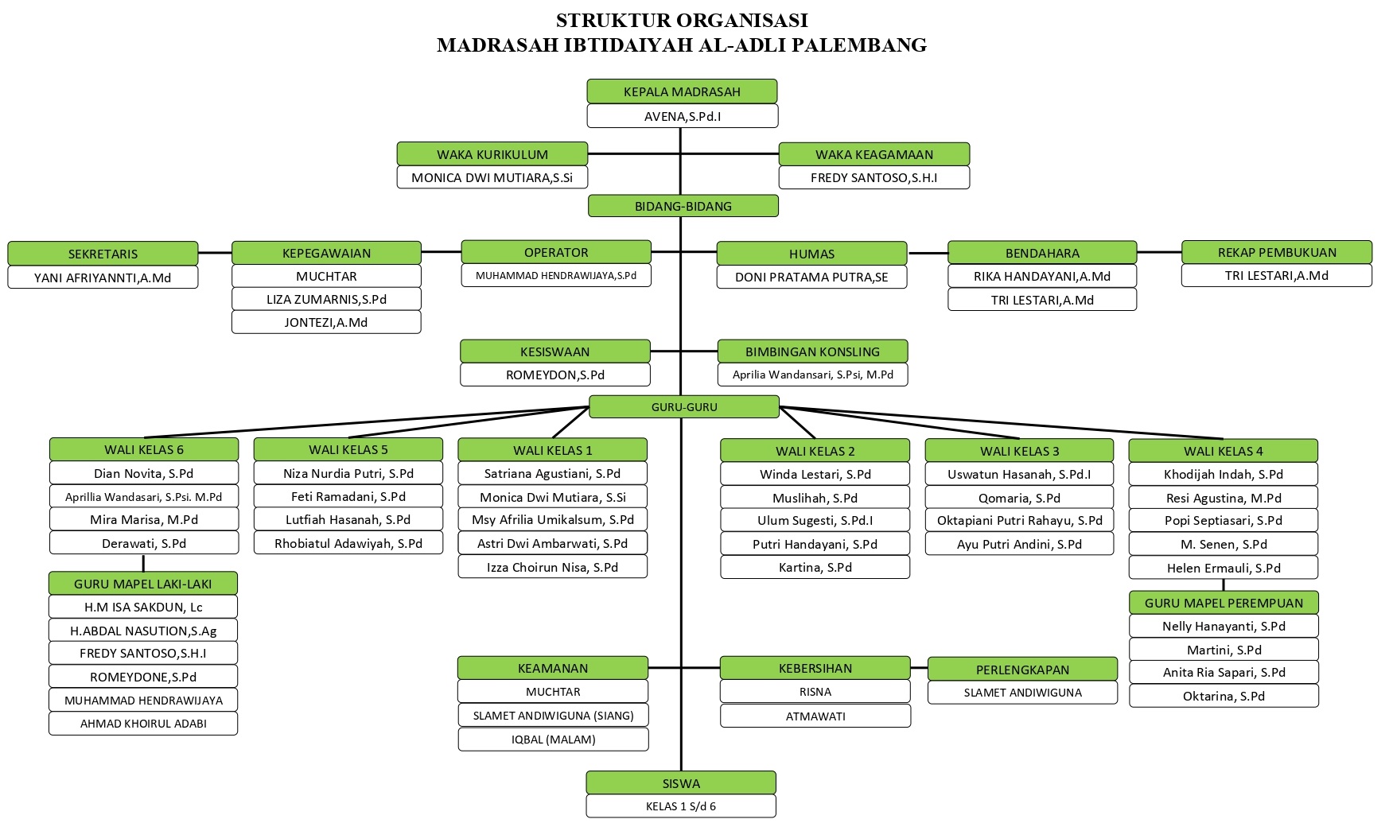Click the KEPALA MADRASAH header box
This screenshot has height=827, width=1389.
(682, 91)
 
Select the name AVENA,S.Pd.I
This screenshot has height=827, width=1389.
(682, 116)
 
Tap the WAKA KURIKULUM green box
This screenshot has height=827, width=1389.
(492, 154)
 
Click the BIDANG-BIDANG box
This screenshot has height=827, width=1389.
(683, 206)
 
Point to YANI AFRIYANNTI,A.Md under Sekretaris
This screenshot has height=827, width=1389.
(103, 278)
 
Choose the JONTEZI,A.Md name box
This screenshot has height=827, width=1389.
(326, 322)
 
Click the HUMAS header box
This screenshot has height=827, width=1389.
(811, 254)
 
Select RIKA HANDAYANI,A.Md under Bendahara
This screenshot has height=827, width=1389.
(1042, 276)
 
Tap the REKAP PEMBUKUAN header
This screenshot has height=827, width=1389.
(1276, 252)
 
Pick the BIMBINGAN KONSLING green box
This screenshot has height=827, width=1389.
(812, 351)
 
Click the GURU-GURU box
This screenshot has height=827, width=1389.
(684, 407)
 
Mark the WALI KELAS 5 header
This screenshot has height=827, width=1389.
(348, 449)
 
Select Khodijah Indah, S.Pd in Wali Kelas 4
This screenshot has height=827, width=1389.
(1223, 474)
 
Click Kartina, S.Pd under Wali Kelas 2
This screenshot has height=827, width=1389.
(815, 567)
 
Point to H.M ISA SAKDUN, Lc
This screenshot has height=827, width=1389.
(143, 607)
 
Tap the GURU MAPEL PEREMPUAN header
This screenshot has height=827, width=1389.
(1224, 603)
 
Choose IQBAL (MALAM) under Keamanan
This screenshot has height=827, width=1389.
(553, 739)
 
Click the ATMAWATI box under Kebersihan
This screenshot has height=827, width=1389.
(815, 716)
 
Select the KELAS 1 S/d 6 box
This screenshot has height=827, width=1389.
(681, 806)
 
